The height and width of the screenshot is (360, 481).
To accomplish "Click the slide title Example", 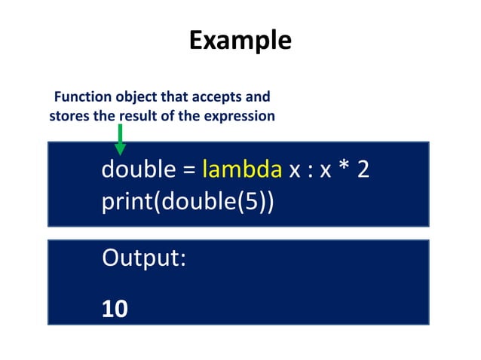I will [x=240, y=39].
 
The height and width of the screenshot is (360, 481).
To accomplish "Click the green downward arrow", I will [x=120, y=141].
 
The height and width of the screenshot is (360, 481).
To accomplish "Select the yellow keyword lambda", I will [x=241, y=170].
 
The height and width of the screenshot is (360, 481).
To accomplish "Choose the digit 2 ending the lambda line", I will [x=363, y=170].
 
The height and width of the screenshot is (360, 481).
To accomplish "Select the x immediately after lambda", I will [x=295, y=172].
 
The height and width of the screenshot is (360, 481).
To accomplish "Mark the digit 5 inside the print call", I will [x=253, y=202].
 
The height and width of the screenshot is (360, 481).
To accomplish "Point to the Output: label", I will [x=144, y=259].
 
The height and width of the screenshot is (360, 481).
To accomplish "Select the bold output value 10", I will [x=115, y=308].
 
